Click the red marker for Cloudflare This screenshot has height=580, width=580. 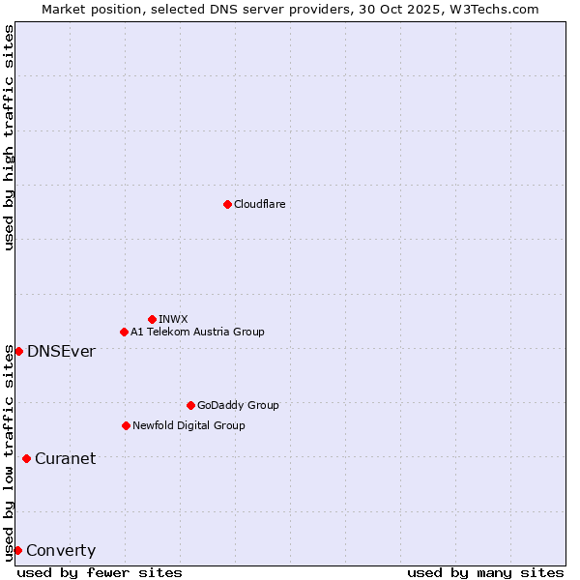227,204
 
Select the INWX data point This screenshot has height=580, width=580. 152,319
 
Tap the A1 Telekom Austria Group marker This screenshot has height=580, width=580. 124,332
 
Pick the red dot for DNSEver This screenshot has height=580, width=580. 18,351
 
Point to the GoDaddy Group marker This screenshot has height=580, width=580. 190,405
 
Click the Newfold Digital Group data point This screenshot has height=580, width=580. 126,425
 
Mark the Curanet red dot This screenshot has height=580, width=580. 26,458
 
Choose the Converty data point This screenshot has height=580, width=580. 17,550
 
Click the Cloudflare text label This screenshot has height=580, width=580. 260,204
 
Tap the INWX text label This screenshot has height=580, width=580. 173,319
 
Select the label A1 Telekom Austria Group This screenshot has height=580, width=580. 197,332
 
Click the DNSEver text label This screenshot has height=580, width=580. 61,351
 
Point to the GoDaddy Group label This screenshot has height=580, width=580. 238,405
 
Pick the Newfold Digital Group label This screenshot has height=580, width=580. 188,425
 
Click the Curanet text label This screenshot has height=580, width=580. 65,458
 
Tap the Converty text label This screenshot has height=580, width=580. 61,551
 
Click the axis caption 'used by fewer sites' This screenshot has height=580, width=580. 100,572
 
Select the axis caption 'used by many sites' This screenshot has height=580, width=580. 485,572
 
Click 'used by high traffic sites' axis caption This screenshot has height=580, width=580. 9,137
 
